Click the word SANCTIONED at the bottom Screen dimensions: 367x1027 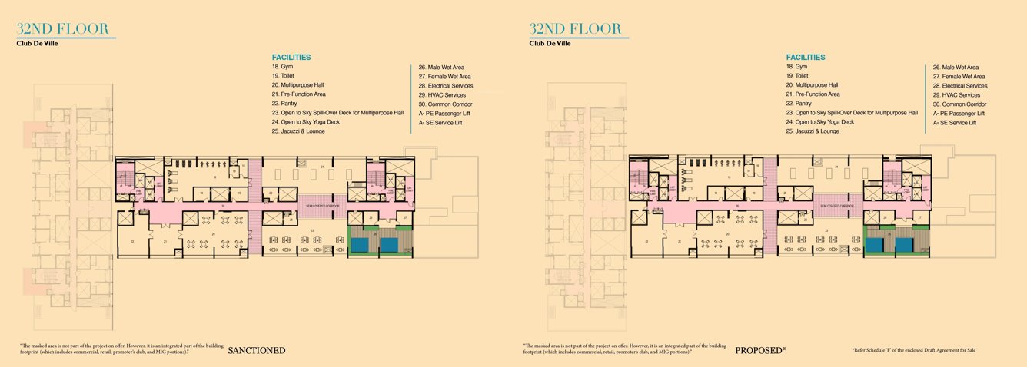257,351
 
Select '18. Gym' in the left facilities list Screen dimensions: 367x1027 277,67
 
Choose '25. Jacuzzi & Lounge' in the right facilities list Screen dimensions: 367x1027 813,131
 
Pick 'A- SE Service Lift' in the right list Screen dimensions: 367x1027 955,122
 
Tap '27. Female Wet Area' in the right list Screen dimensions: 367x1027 959,77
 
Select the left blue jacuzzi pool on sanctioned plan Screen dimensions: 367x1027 359,245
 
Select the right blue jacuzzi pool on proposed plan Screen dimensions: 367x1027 905,245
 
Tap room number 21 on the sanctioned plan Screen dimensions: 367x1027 165,241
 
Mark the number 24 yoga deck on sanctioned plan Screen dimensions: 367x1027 322,166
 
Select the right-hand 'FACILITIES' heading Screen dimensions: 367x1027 805,57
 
